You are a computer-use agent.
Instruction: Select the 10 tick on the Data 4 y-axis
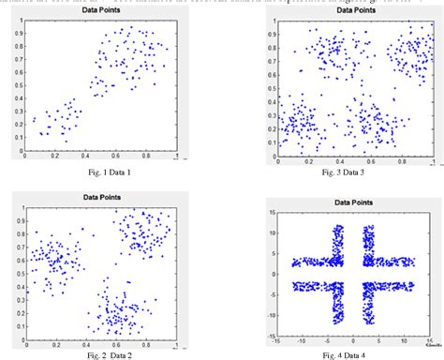pyautogui.click(x=273, y=230)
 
